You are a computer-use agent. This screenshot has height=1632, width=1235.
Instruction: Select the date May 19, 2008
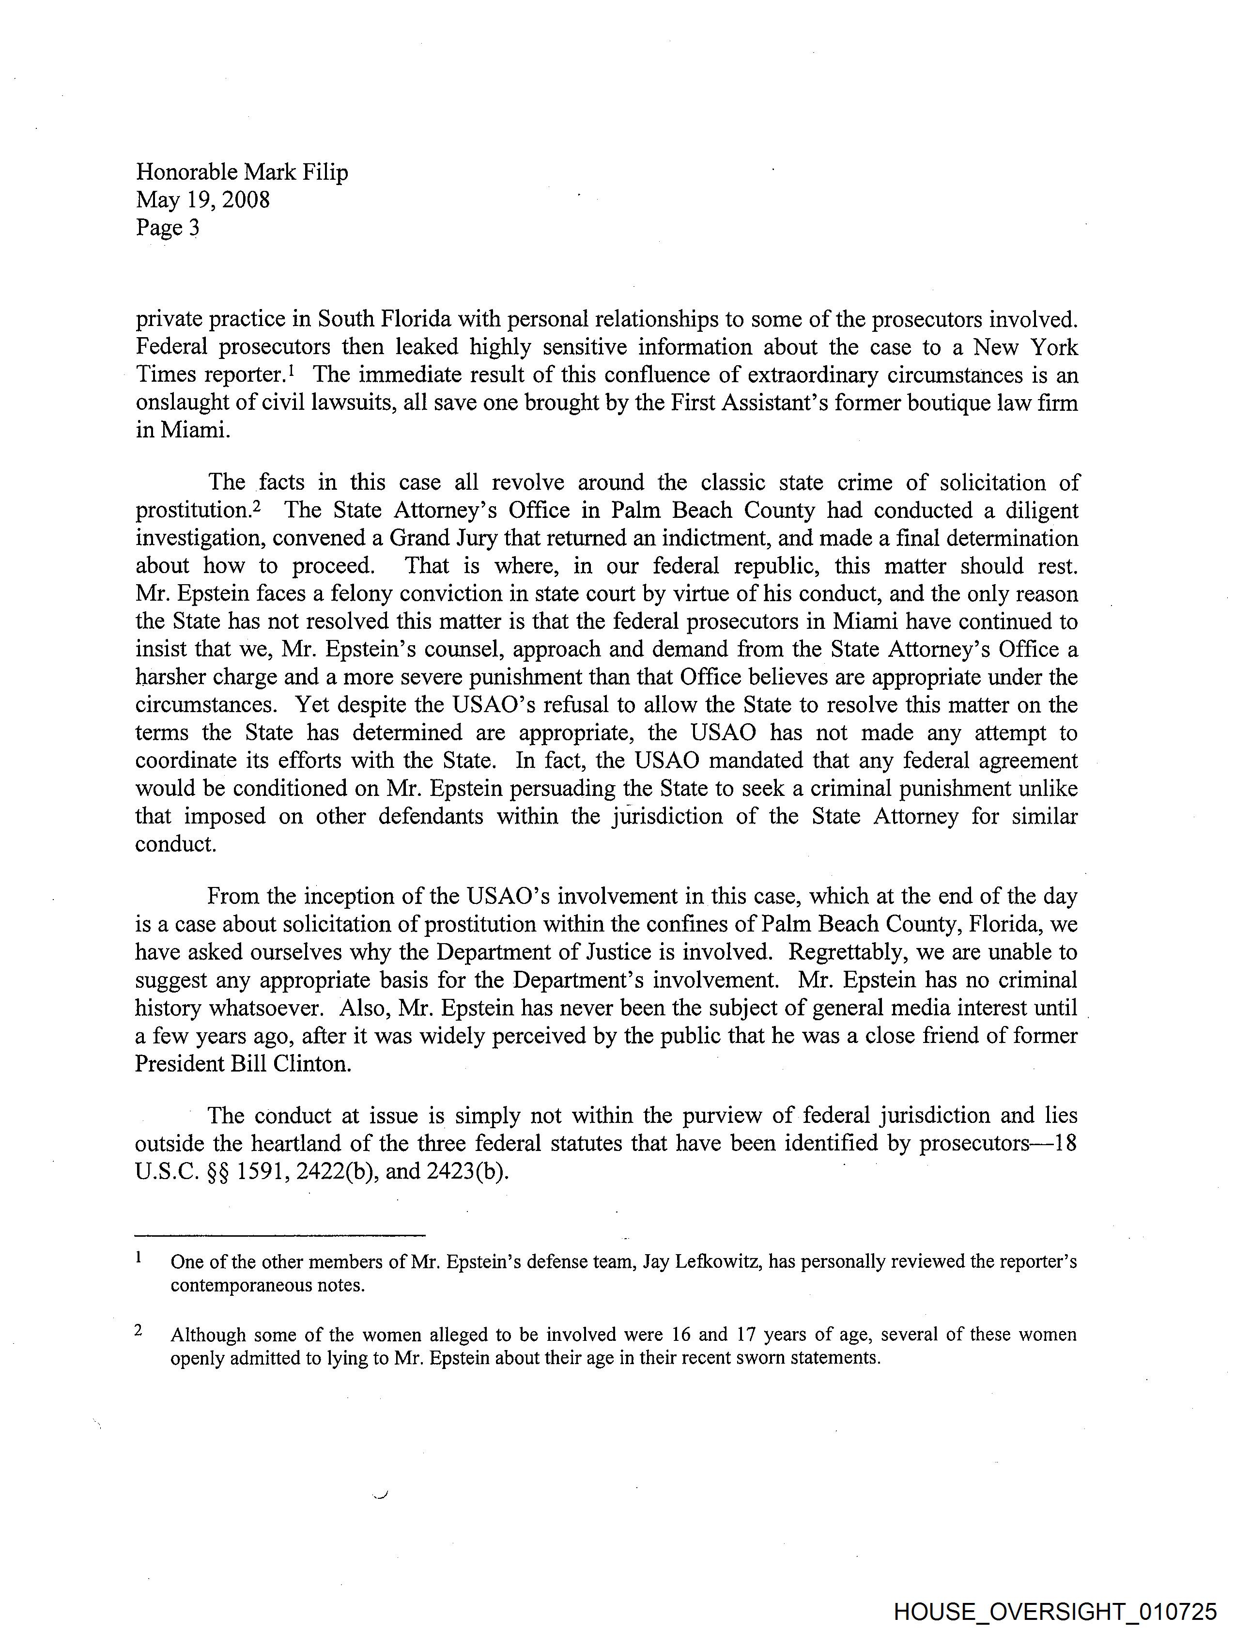203,200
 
